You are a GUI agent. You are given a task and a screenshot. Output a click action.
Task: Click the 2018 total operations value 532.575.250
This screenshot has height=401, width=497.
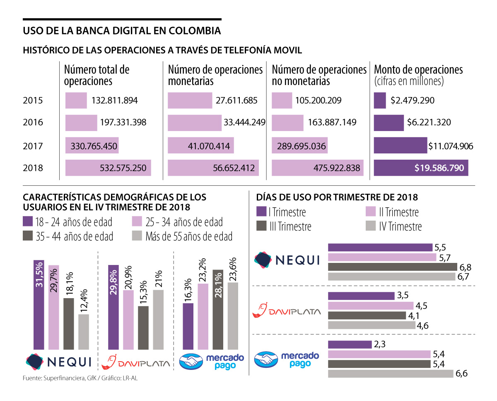pos(123,168)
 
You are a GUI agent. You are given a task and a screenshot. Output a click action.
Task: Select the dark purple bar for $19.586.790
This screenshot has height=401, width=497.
pos(421,168)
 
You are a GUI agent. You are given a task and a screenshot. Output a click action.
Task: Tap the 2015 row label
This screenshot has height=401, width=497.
pos(33,100)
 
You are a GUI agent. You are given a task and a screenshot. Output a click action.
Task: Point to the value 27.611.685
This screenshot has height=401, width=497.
pos(236,100)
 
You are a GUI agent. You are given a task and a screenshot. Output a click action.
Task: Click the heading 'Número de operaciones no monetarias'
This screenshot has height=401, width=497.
pos(319,75)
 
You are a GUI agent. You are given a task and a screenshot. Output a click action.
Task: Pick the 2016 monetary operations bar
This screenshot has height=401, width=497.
pos(195,123)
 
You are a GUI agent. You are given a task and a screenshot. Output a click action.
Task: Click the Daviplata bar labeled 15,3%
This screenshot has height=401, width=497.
pos(143,328)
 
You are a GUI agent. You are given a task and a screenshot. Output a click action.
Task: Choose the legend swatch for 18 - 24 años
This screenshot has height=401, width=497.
pos(28,222)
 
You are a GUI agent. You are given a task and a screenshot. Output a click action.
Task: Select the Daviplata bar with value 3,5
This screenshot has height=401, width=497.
pos(361,296)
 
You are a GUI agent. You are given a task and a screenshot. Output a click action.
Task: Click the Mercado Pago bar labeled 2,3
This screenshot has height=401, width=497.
pos(350,344)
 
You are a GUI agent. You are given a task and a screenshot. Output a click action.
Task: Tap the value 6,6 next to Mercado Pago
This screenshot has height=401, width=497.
pos(461,374)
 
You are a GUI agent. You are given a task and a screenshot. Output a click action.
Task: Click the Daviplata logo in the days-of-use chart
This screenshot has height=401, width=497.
pos(286,310)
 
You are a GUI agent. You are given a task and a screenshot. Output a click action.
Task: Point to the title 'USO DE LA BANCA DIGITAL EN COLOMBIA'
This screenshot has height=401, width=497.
pos(122,31)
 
